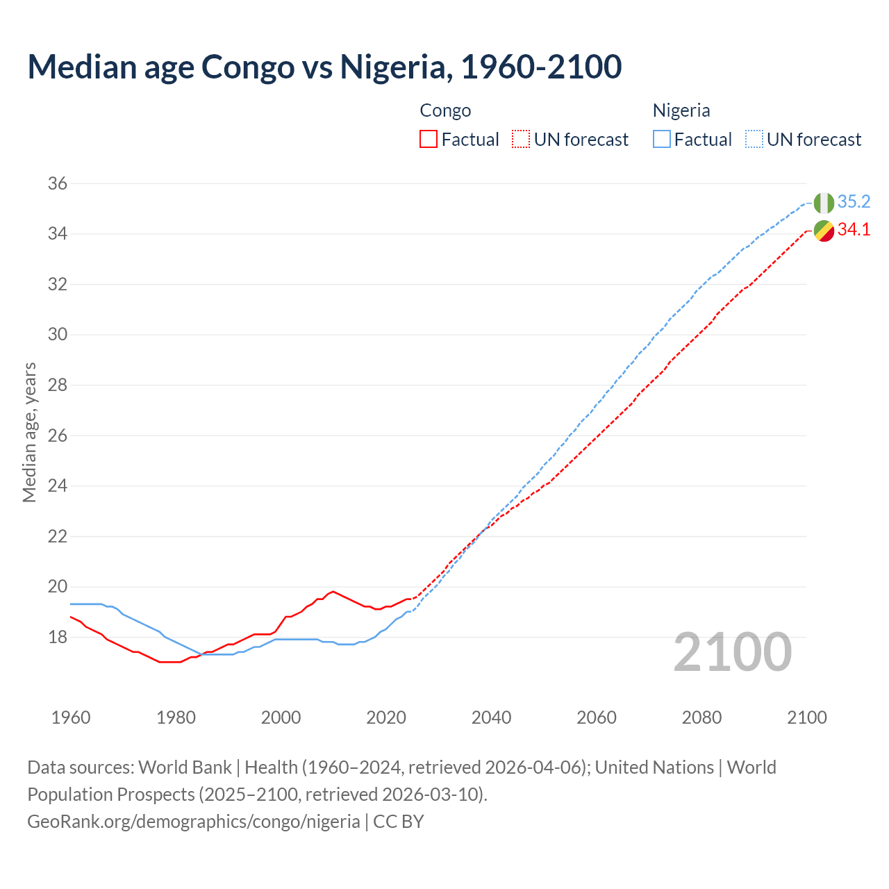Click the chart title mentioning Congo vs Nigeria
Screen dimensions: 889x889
[324, 67]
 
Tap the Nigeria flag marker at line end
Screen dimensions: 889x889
[824, 203]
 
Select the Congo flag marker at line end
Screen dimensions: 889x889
[824, 231]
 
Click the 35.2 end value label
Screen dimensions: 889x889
[854, 202]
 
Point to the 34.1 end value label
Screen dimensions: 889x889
[854, 230]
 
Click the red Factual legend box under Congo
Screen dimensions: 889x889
[429, 140]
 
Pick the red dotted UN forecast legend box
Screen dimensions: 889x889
[521, 140]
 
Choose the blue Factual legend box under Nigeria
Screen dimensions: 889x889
[662, 140]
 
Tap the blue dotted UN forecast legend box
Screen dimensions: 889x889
[754, 140]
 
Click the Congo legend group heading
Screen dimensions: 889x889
[445, 110]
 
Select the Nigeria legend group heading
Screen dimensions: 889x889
[681, 110]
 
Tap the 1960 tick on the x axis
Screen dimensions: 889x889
[71, 717]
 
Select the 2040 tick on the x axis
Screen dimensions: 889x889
[491, 717]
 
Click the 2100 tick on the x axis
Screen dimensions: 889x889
[806, 717]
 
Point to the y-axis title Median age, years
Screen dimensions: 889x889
[29, 432]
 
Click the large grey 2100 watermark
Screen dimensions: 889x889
[732, 652]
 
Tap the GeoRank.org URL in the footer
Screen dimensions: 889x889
[194, 822]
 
